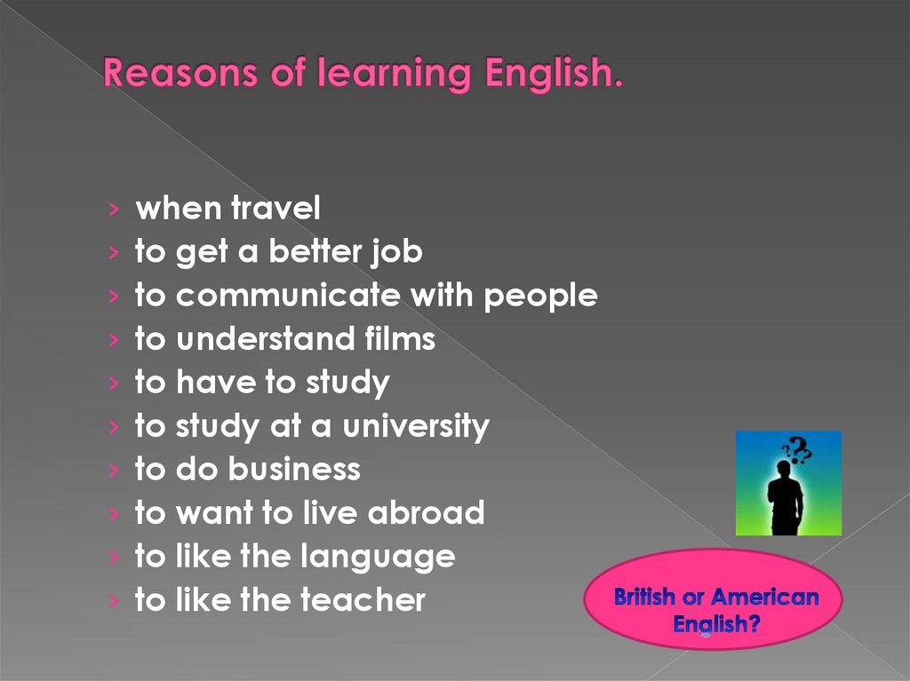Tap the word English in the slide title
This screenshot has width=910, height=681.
click(553, 75)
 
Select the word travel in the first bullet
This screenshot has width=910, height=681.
click(275, 210)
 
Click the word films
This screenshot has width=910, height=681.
click(400, 338)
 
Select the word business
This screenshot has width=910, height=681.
click(294, 469)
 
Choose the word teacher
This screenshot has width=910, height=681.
click(363, 600)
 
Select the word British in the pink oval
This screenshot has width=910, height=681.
click(644, 597)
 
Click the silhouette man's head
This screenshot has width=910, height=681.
click(784, 468)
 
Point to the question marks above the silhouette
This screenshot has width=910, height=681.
click(797, 449)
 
